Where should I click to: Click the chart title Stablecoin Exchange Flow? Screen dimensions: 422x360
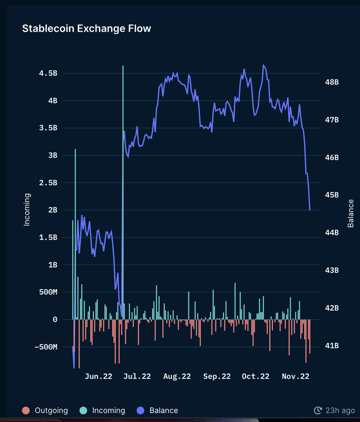[86, 28]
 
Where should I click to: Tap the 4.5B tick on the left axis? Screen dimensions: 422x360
[48, 73]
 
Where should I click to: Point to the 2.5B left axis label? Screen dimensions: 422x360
[48, 183]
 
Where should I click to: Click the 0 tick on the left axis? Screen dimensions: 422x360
[55, 319]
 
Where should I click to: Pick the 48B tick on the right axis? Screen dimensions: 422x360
[332, 82]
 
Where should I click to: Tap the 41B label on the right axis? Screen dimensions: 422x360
[332, 346]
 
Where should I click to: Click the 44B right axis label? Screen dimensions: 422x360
[332, 233]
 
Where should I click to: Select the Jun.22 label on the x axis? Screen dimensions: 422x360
[99, 376]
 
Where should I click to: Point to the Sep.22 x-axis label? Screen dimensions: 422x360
[217, 376]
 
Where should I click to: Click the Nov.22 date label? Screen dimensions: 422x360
[295, 376]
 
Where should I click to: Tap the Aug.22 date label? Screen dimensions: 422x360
[177, 376]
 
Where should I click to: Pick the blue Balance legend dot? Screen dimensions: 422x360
[140, 410]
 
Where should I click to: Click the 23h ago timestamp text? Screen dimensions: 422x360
[340, 410]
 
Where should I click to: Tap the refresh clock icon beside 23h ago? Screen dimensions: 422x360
[318, 410]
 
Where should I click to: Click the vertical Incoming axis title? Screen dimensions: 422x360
[27, 209]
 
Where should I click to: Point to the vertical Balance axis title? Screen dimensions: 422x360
[351, 214]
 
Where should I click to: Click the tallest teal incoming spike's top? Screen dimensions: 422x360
[123, 66]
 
